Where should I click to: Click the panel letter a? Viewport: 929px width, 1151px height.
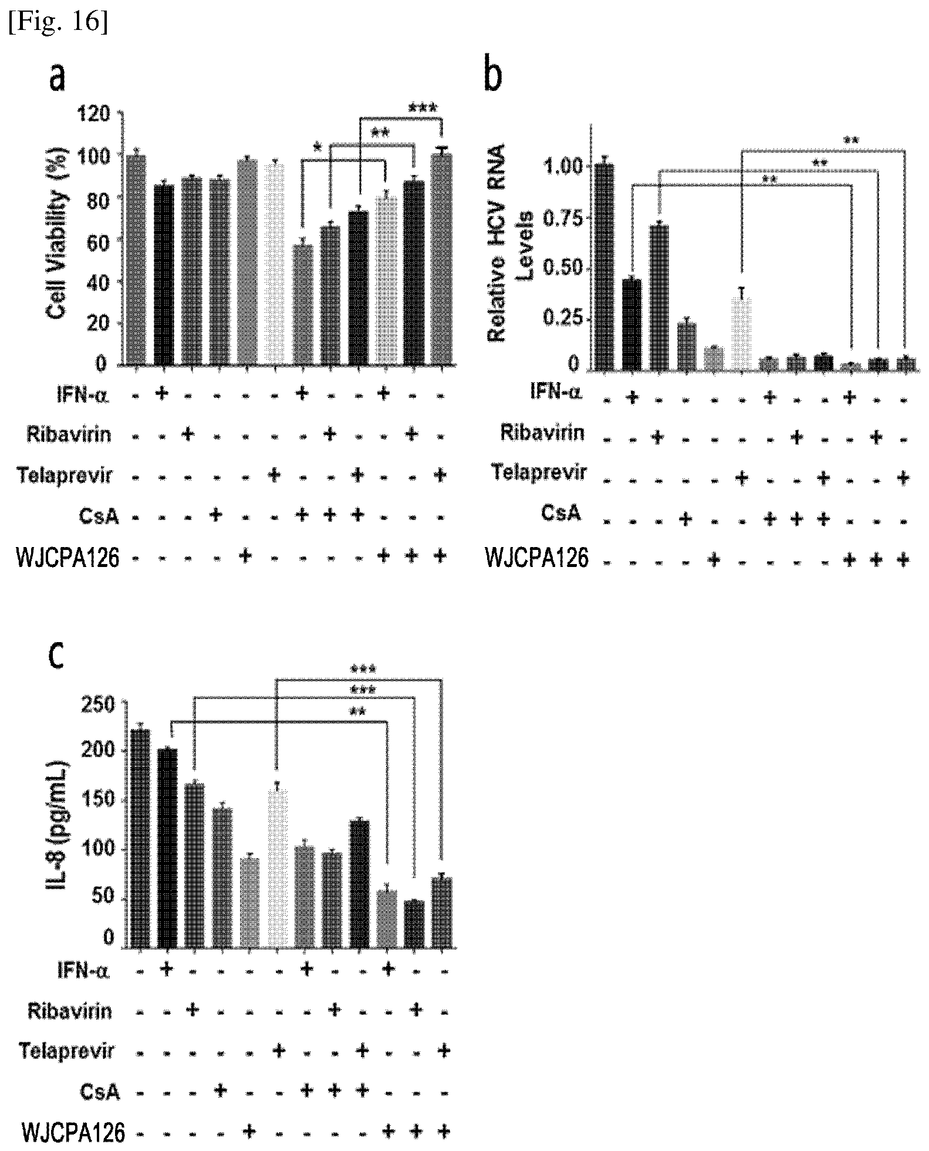pos(57,77)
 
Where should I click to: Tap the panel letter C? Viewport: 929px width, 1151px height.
pos(56,659)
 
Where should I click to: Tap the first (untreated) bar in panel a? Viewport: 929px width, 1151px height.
pos(136,259)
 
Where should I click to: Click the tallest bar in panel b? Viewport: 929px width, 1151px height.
pos(604,267)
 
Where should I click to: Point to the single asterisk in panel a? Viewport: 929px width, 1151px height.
pos(317,147)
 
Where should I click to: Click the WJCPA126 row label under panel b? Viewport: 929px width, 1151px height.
pos(536,558)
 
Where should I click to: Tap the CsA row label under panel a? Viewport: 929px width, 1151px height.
pos(99,517)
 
